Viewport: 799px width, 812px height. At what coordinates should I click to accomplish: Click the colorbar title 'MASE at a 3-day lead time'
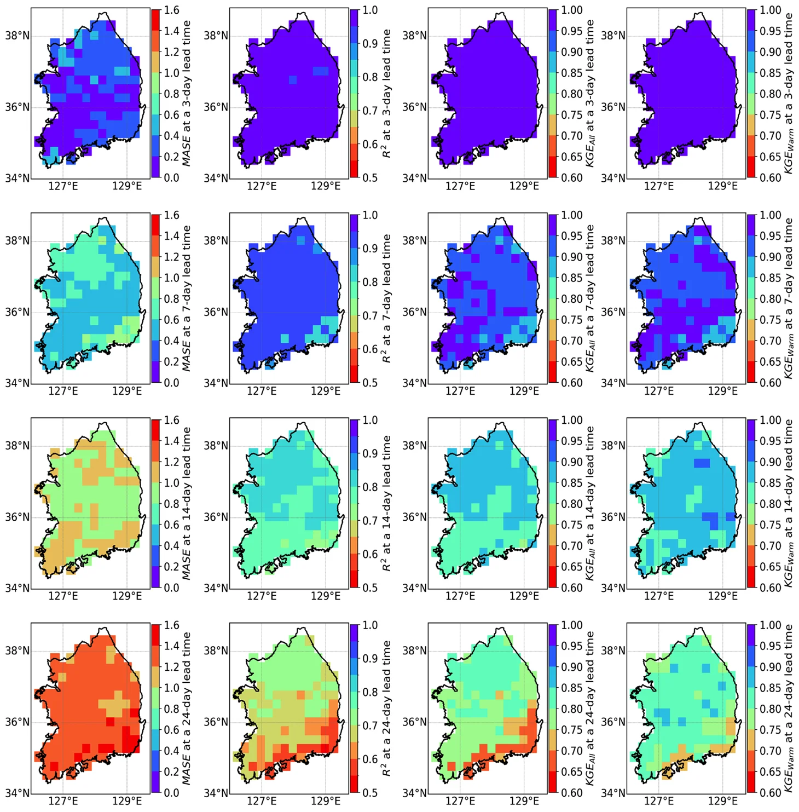tap(187, 93)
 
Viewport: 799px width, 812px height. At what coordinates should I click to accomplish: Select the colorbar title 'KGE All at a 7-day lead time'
tap(590, 298)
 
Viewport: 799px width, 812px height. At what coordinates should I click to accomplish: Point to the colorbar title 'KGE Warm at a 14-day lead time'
tap(789, 503)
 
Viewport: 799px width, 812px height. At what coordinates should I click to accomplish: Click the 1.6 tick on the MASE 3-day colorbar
tap(172, 10)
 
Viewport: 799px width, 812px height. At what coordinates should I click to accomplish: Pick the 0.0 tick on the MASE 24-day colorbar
tap(172, 792)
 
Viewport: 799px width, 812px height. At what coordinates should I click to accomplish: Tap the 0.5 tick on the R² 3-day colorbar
tap(370, 177)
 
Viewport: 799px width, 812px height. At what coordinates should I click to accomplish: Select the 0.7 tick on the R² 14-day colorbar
tap(370, 521)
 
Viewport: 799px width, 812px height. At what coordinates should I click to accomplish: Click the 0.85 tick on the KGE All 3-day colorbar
tap(572, 73)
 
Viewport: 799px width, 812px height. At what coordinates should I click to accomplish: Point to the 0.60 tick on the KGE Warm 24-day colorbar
tap(771, 792)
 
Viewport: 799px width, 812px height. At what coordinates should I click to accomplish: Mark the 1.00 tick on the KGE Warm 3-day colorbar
tap(771, 10)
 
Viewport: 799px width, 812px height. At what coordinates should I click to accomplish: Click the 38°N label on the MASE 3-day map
tap(17, 36)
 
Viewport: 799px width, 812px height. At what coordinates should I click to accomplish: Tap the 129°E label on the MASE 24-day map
tap(127, 801)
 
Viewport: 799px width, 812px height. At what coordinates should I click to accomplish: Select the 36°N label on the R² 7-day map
tap(216, 312)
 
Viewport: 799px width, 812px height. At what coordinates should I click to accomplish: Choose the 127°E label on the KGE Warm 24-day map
tap(659, 801)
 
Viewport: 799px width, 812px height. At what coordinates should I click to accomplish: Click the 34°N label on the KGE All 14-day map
tap(414, 588)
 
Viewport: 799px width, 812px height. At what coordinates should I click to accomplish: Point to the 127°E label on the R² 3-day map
tap(262, 186)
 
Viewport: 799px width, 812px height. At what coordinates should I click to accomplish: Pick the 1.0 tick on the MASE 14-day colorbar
tap(172, 483)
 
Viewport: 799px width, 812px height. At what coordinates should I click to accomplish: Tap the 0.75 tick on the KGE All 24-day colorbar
tap(572, 729)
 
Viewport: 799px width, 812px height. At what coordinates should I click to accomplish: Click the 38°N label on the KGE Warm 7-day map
tap(613, 241)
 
